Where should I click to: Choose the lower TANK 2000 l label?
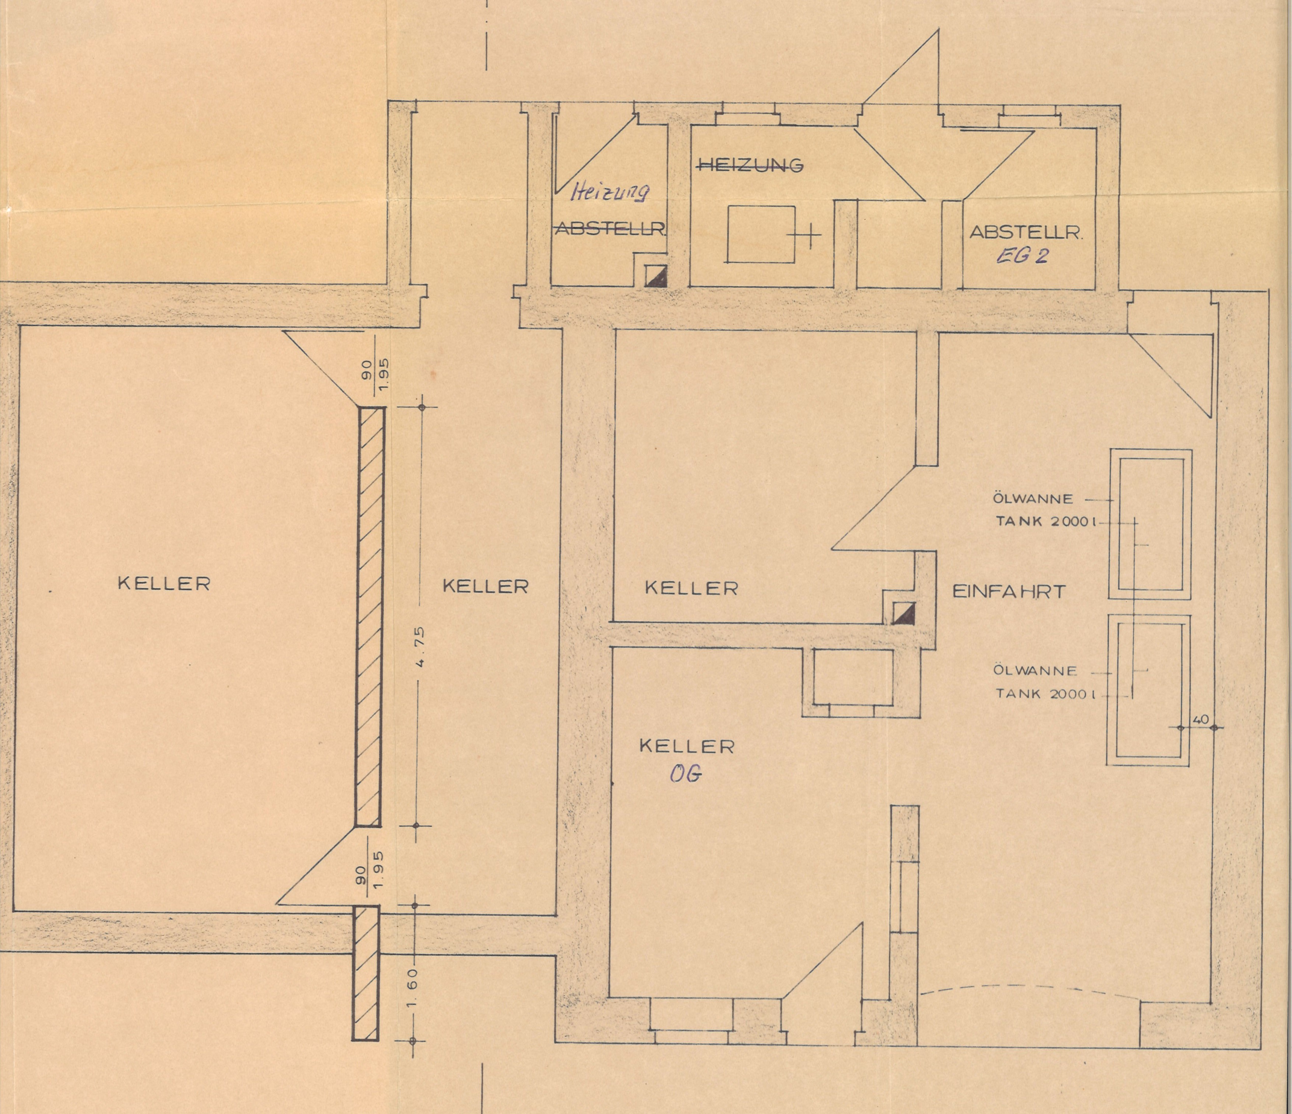point(1046,694)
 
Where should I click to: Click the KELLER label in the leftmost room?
point(164,583)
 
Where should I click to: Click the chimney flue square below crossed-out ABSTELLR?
point(655,276)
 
